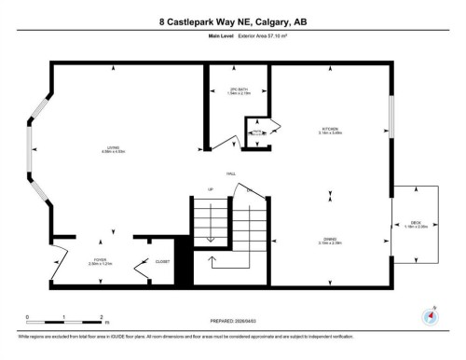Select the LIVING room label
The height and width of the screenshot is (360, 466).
tap(114, 150)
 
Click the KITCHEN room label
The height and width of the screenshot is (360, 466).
tap(329, 130)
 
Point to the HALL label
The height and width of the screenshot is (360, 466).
tap(229, 174)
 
